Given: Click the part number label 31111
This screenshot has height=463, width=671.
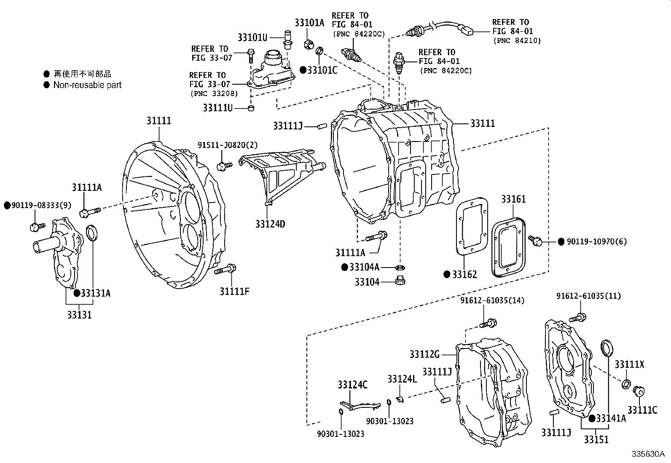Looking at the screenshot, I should (x=159, y=121).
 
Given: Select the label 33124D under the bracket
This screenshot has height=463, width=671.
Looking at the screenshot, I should (x=270, y=224).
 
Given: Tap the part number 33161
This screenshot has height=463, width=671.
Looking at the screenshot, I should (x=513, y=199).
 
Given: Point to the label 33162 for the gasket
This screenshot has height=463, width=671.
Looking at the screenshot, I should (x=464, y=275).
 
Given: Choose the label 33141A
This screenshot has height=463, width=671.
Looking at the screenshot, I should (x=611, y=418).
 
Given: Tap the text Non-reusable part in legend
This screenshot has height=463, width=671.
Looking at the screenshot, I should (x=87, y=85).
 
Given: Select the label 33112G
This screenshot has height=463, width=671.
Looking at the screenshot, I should (x=424, y=354).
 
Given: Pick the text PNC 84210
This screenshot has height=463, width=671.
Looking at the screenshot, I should (x=517, y=40).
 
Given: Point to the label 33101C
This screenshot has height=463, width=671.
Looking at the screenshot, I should (x=322, y=70).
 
